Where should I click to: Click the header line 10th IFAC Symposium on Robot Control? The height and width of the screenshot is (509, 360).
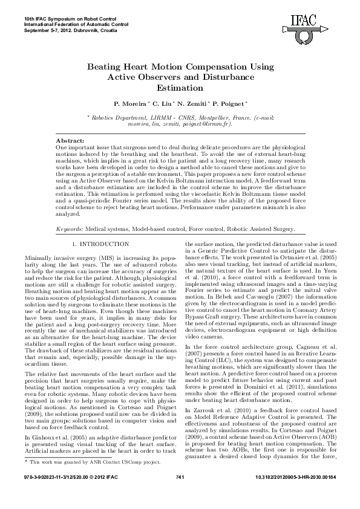click(x=67, y=19)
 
